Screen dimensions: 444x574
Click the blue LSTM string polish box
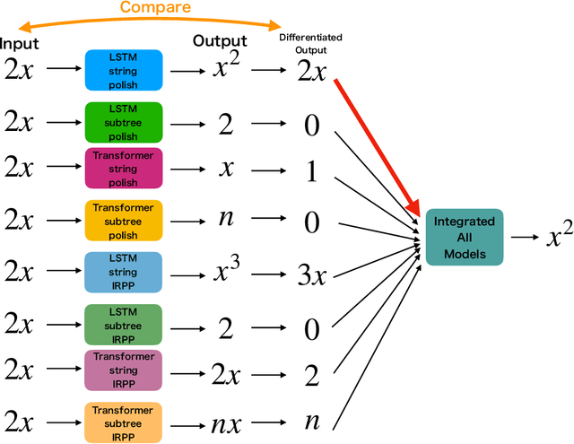pos(124,69)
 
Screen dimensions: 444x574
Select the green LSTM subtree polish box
pos(124,121)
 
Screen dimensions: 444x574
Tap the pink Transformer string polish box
pos(124,169)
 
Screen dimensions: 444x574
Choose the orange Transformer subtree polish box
pos(124,221)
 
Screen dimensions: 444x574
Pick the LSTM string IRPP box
pos(124,272)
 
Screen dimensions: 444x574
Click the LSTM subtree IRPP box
pos(124,325)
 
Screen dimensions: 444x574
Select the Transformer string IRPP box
pos(124,370)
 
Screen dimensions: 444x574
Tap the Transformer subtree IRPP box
pos(124,422)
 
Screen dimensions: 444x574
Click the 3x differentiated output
pos(311,274)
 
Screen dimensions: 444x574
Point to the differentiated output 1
pos(311,172)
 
